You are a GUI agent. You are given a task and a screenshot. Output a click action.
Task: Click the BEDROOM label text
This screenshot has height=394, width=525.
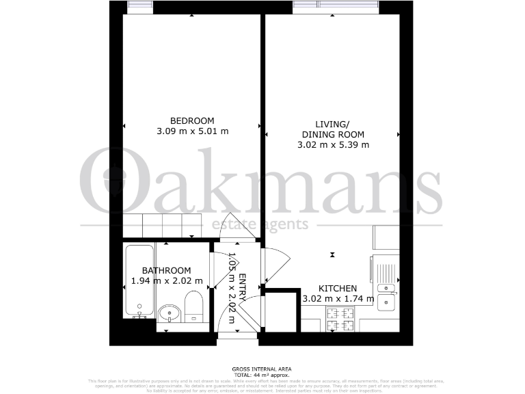[x=192, y=120]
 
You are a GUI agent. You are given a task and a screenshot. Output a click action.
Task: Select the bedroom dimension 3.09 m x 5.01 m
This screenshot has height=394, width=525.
[x=192, y=131]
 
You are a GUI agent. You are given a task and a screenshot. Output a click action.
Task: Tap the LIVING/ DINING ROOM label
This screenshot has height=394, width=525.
[x=333, y=129]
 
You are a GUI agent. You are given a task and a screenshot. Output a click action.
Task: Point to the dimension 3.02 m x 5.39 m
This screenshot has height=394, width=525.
[x=333, y=144]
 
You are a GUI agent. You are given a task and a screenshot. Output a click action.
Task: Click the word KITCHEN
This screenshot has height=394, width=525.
[x=338, y=289]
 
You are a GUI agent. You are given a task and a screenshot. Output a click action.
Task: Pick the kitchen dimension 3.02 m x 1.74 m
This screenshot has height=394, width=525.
[x=338, y=299]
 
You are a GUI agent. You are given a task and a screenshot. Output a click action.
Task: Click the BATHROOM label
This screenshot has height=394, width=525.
[x=167, y=271]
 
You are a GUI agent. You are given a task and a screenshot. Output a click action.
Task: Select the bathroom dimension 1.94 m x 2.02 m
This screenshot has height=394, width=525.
[x=167, y=281]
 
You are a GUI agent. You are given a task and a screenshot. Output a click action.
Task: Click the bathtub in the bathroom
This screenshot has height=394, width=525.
[x=139, y=281]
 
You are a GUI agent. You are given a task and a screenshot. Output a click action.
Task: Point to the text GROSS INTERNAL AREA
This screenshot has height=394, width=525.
[x=262, y=369]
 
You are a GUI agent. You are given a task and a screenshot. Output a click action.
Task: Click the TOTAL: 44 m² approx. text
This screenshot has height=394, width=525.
[x=262, y=375]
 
